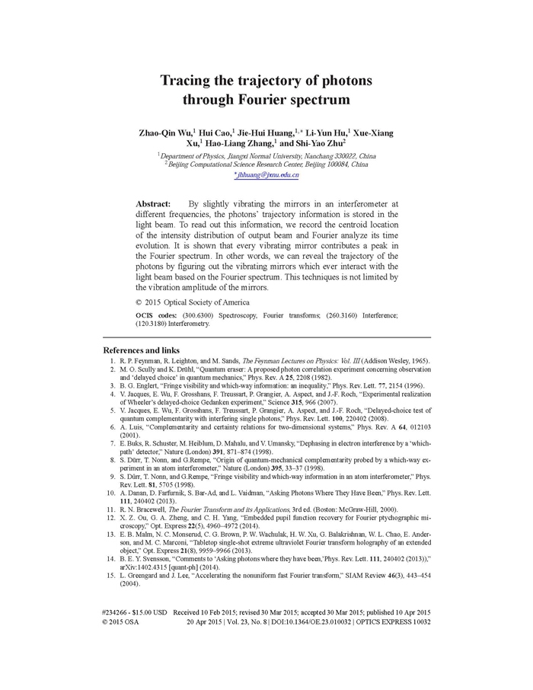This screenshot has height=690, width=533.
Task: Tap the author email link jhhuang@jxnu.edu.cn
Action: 266,175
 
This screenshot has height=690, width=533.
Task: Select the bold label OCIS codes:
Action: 157,315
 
